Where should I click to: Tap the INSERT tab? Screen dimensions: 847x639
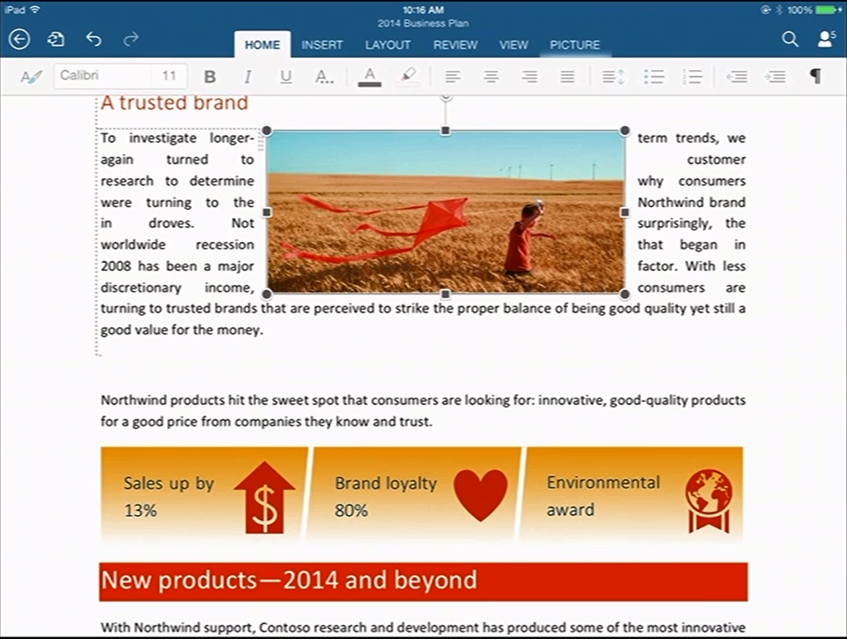[322, 45]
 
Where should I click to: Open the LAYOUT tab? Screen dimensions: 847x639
[388, 45]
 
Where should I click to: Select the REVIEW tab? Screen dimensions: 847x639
[455, 45]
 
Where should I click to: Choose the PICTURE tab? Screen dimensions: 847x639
[575, 45]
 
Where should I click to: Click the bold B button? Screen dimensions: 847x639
[211, 77]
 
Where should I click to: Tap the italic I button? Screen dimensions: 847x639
[248, 77]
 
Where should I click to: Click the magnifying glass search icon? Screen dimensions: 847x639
[790, 39]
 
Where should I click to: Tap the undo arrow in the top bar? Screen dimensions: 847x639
[93, 39]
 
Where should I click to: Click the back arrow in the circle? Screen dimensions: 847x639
[19, 39]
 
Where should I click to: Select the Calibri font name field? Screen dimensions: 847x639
[102, 76]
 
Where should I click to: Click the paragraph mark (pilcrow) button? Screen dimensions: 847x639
[815, 77]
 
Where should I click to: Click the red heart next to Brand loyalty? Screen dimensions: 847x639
[480, 494]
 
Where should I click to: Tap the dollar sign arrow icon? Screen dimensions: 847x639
[265, 497]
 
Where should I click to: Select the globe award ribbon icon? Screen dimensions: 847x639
[709, 501]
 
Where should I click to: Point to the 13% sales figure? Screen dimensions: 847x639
[141, 510]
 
